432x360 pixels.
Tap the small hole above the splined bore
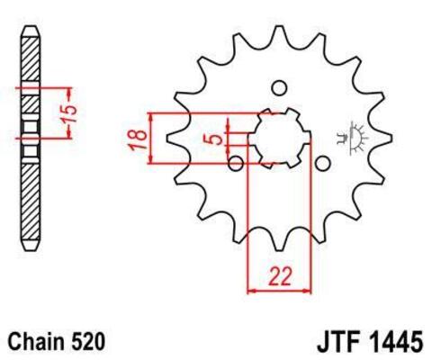coord(279,87)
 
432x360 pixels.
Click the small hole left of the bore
coord(236,163)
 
